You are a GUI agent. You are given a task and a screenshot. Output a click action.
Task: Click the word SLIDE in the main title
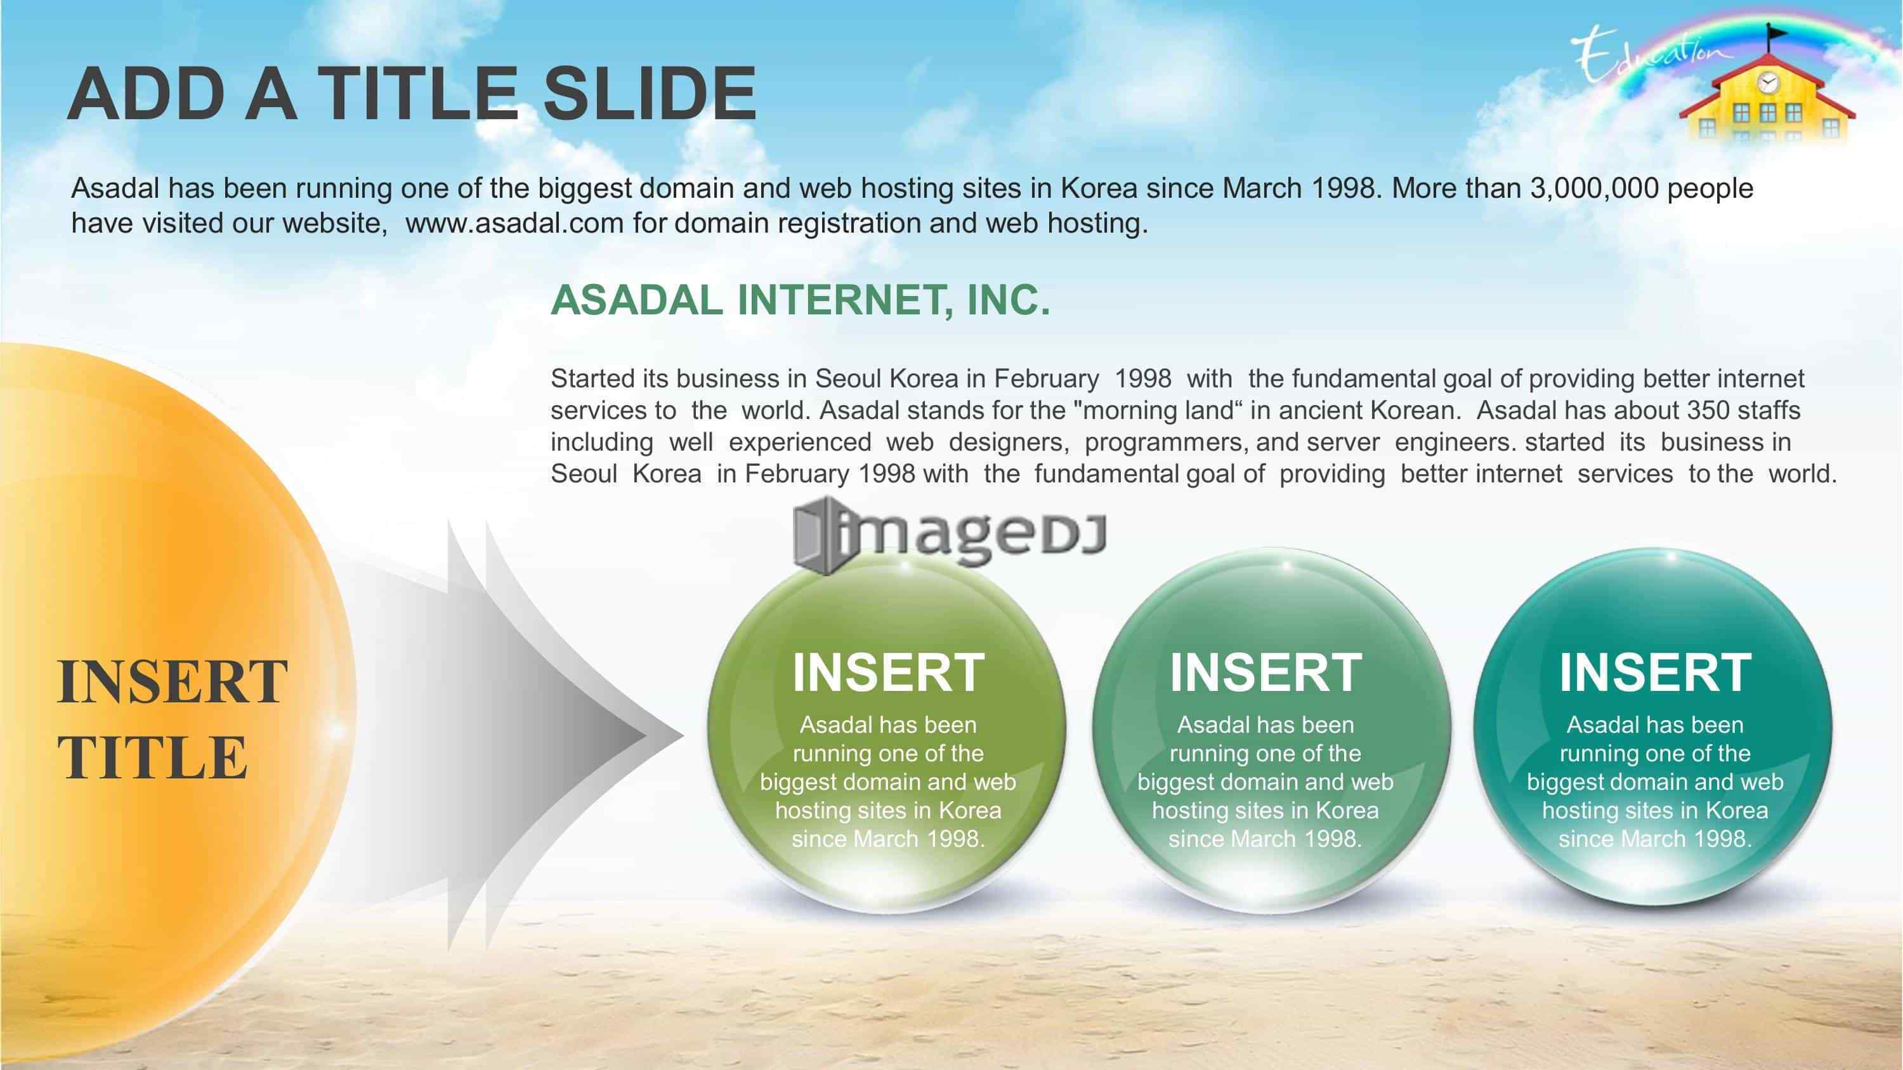tap(650, 94)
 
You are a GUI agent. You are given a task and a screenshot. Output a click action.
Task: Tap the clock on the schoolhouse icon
tap(1768, 82)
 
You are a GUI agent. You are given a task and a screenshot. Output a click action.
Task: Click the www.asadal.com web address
tap(515, 223)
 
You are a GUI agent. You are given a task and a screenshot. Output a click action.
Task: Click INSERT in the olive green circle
tap(888, 673)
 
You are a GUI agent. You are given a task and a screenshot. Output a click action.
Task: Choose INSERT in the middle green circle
tap(1265, 673)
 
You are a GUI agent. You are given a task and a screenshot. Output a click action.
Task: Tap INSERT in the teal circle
tap(1655, 673)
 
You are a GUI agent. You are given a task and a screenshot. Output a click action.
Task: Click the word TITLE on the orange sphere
tap(152, 757)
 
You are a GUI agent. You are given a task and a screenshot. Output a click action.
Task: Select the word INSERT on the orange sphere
tap(172, 681)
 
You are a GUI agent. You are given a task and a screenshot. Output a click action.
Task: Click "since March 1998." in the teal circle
tap(1655, 839)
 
